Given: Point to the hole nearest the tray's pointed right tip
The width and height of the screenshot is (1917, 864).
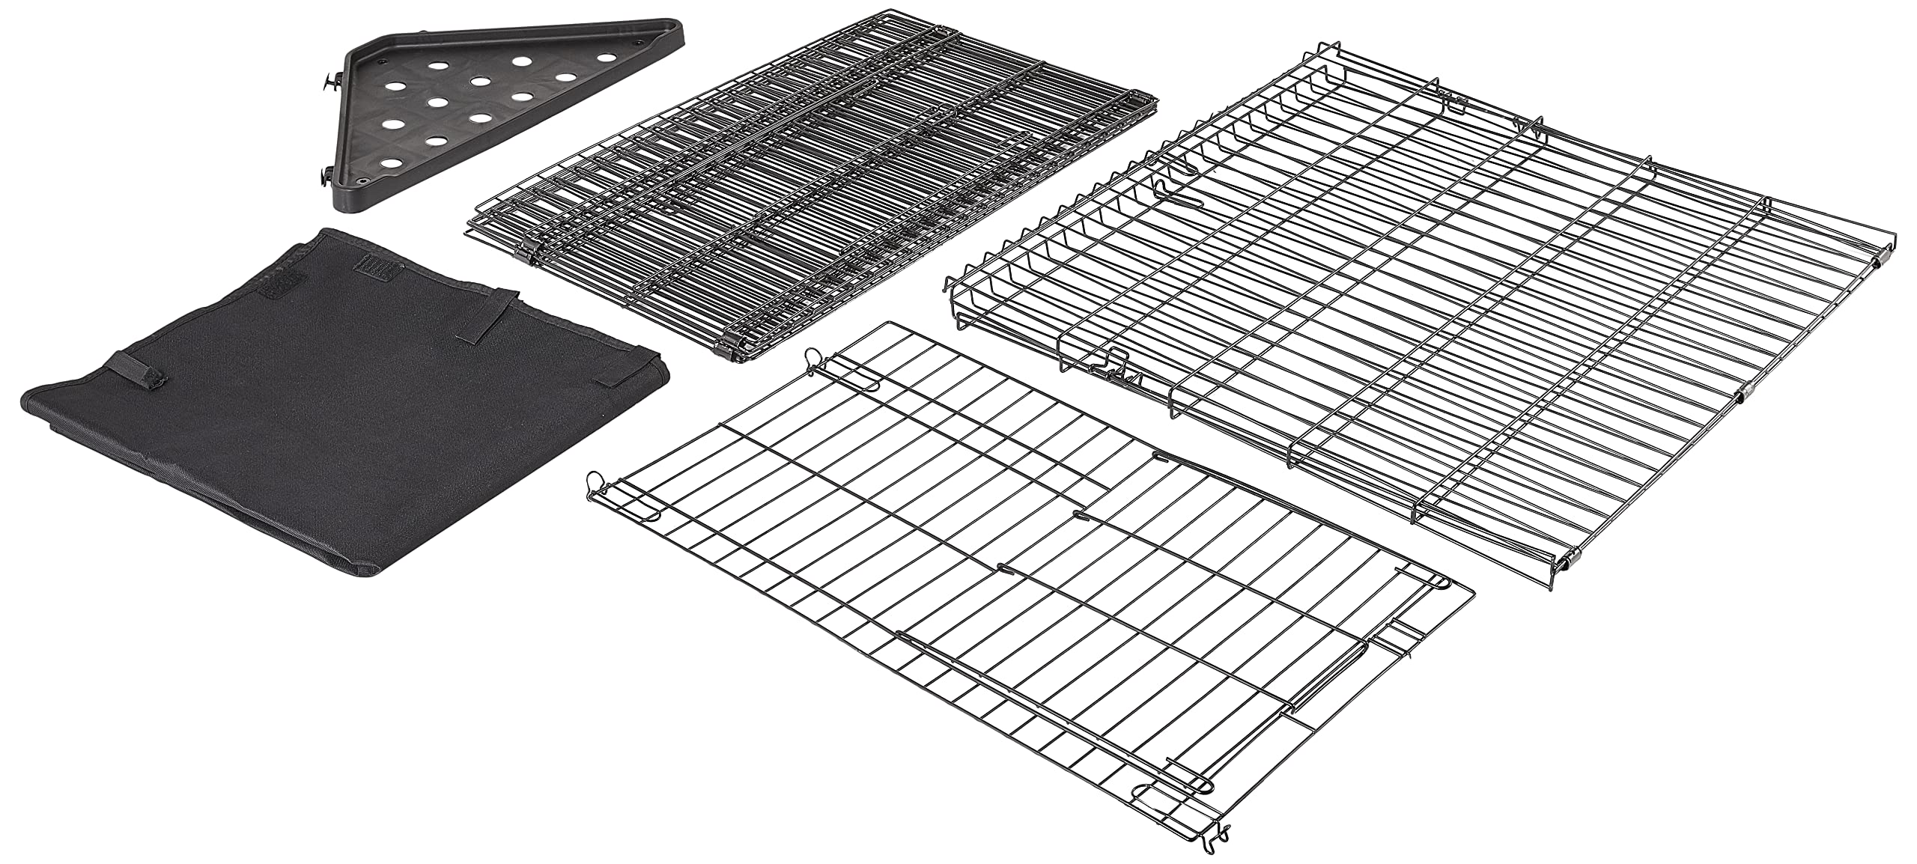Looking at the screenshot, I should (604, 57).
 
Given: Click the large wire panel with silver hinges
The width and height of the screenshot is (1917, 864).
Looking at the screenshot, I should (1423, 314).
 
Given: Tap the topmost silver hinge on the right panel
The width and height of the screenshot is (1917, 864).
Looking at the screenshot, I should (1878, 259).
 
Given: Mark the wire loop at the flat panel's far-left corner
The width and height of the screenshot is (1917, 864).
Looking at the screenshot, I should (595, 479).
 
